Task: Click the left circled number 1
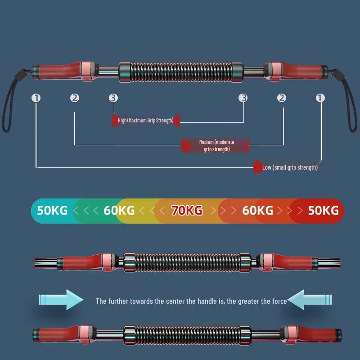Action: (x=36, y=98)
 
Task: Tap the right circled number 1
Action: (x=320, y=98)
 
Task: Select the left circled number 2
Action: (x=75, y=98)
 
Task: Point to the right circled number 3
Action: (x=243, y=98)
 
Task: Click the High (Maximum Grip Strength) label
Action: (x=145, y=120)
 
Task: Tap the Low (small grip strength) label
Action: (x=290, y=167)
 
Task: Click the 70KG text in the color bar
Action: (x=187, y=210)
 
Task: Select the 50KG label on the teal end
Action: (x=52, y=210)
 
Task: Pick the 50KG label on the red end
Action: (x=323, y=210)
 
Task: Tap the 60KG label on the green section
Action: (x=119, y=210)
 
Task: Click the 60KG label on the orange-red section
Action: (x=257, y=210)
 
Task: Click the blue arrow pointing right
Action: (x=61, y=299)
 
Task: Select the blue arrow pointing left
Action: (x=310, y=299)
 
